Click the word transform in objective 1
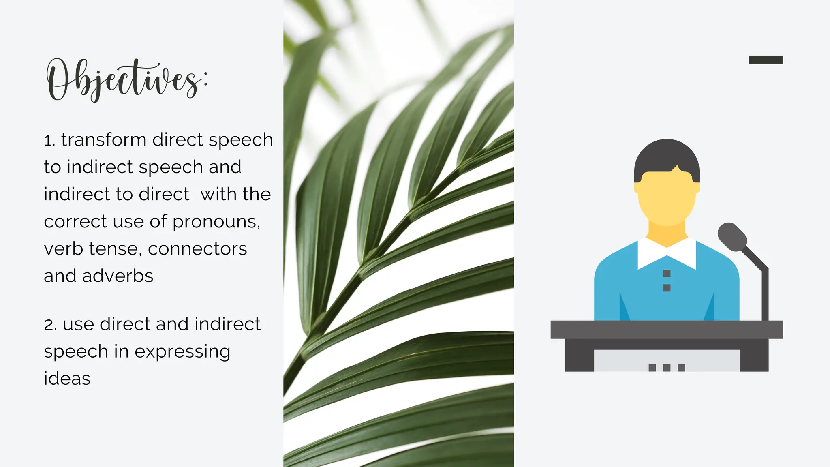(x=104, y=140)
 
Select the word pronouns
(x=216, y=222)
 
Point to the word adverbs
(x=118, y=276)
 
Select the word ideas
(x=67, y=379)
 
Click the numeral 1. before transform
(x=49, y=141)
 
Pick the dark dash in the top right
(x=766, y=60)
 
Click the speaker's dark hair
(x=667, y=156)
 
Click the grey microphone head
(x=732, y=237)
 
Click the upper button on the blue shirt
(x=667, y=274)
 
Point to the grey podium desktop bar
(x=667, y=330)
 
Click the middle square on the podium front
(x=667, y=368)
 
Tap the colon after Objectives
(x=205, y=79)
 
